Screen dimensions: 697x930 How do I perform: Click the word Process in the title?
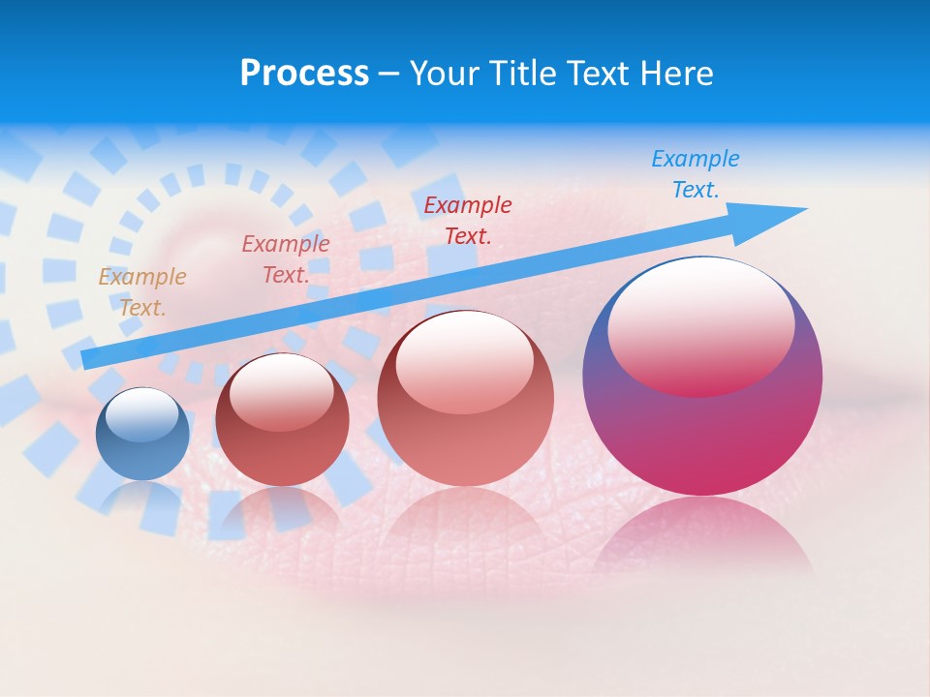point(304,74)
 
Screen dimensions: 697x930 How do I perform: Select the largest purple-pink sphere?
point(702,426)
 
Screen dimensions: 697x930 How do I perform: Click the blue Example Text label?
point(695,174)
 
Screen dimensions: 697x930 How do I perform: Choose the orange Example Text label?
point(141,292)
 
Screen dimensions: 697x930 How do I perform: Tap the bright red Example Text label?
point(468,221)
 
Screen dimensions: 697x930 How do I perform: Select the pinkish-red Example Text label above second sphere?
point(286,259)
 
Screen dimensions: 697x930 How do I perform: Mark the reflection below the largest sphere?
point(702,537)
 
